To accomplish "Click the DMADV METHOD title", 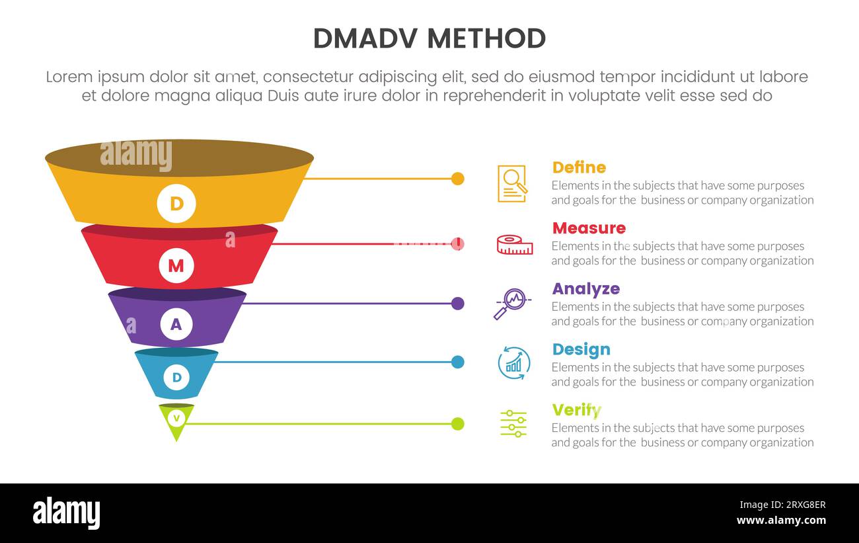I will point(429,38).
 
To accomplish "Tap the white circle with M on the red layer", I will point(176,266).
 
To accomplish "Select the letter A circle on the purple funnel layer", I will point(176,324).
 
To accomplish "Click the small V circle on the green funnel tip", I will point(176,418).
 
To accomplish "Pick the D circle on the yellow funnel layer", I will point(176,203).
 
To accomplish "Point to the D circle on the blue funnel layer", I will point(176,378).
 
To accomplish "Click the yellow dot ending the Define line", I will point(457,179).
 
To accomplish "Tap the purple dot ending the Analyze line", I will point(457,304).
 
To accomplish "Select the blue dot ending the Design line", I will point(457,362).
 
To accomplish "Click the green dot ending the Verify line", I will point(457,423).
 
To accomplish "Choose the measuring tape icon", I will point(514,245).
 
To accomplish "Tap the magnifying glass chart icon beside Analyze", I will point(511,304).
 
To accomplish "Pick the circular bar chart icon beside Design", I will point(513,363).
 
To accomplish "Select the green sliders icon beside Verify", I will point(513,423).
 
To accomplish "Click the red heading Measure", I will point(588,228).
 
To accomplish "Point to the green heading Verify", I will point(576,410).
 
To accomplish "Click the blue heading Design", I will point(581,349).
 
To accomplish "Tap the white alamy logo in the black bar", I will point(67,513).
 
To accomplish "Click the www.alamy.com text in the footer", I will point(780,521).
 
